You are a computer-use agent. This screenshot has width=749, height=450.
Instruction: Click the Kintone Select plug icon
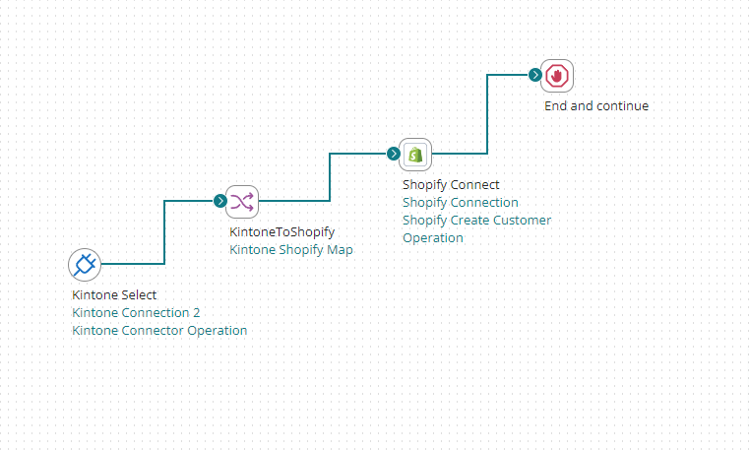coord(85,264)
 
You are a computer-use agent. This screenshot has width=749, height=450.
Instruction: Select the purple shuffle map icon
coord(242,201)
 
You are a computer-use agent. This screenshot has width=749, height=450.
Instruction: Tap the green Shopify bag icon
coord(415,154)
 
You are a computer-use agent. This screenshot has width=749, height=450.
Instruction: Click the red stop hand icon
coord(557,75)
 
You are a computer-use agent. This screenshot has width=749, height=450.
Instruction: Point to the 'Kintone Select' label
coord(114,294)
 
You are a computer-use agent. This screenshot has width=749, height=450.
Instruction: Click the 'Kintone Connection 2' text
coord(136,312)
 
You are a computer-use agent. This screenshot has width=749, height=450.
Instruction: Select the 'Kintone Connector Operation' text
coord(159,330)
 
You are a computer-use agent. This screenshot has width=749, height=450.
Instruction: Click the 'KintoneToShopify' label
coord(282,232)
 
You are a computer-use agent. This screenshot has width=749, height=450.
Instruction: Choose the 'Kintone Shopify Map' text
coord(291,250)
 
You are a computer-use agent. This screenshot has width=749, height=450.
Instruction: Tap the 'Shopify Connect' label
coord(451,184)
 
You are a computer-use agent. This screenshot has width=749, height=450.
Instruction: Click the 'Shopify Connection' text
coord(461,202)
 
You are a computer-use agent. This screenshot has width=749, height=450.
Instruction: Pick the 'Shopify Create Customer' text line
coord(477,220)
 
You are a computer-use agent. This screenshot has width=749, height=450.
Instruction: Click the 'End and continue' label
coord(596,105)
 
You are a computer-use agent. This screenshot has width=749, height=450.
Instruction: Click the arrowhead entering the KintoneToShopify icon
coord(220,201)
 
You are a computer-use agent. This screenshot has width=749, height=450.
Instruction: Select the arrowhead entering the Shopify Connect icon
coord(394,154)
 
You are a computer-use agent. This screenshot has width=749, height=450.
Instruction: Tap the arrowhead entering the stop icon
coord(534,75)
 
